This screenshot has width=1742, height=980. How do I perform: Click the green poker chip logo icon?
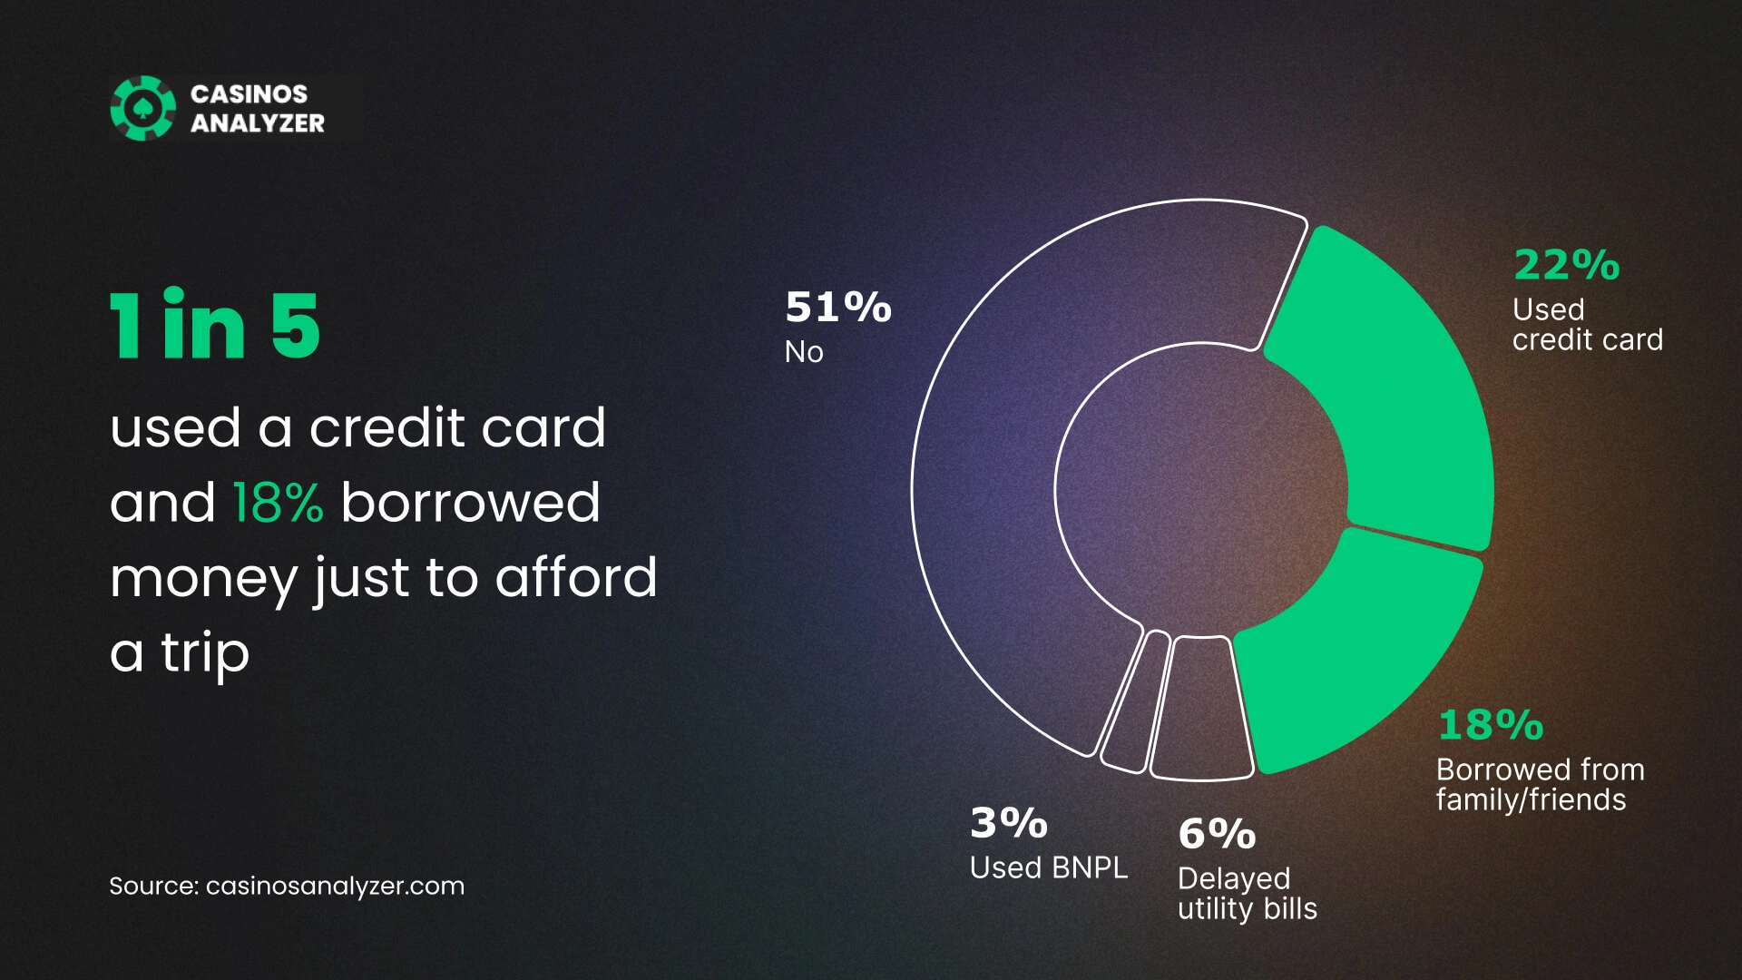142,108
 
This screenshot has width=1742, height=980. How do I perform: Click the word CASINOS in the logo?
249,94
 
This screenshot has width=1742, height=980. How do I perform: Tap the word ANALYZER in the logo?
258,123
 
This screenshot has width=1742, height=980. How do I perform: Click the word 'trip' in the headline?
205,653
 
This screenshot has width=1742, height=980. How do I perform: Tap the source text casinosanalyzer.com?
335,886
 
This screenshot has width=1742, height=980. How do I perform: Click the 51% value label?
838,307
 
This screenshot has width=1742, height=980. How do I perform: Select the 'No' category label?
804,351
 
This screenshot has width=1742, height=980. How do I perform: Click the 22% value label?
1567,265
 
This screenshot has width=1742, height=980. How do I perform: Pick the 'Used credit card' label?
1588,324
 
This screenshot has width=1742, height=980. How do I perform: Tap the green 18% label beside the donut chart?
1491,725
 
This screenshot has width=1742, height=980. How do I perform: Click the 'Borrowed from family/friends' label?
1541,784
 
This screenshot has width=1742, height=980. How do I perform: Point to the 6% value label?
1217,834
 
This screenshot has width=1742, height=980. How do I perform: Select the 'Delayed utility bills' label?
1248,893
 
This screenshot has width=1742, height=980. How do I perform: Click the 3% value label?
1009,823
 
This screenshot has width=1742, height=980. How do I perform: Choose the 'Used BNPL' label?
1049,867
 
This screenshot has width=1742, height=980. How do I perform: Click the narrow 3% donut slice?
1133,702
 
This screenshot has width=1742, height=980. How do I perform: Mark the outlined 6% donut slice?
1201,709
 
